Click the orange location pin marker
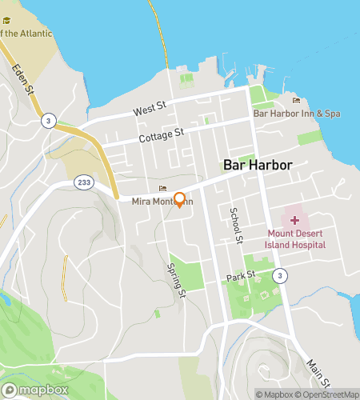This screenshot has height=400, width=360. pos(180,199)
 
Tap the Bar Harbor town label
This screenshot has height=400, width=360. pos(257,166)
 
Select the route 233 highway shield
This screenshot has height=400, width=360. pos(84,182)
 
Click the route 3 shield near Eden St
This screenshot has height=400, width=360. pos(50,120)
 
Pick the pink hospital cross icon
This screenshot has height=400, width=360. pos(295,219)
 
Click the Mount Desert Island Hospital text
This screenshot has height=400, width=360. pos(296,239)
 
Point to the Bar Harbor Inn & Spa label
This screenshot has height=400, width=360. pos(297,114)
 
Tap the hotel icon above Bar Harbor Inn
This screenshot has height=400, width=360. pos(297,101)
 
